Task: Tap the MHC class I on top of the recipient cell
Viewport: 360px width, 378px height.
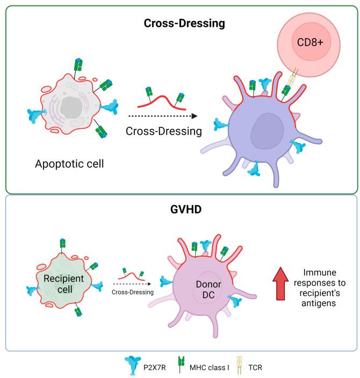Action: (62, 243)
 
